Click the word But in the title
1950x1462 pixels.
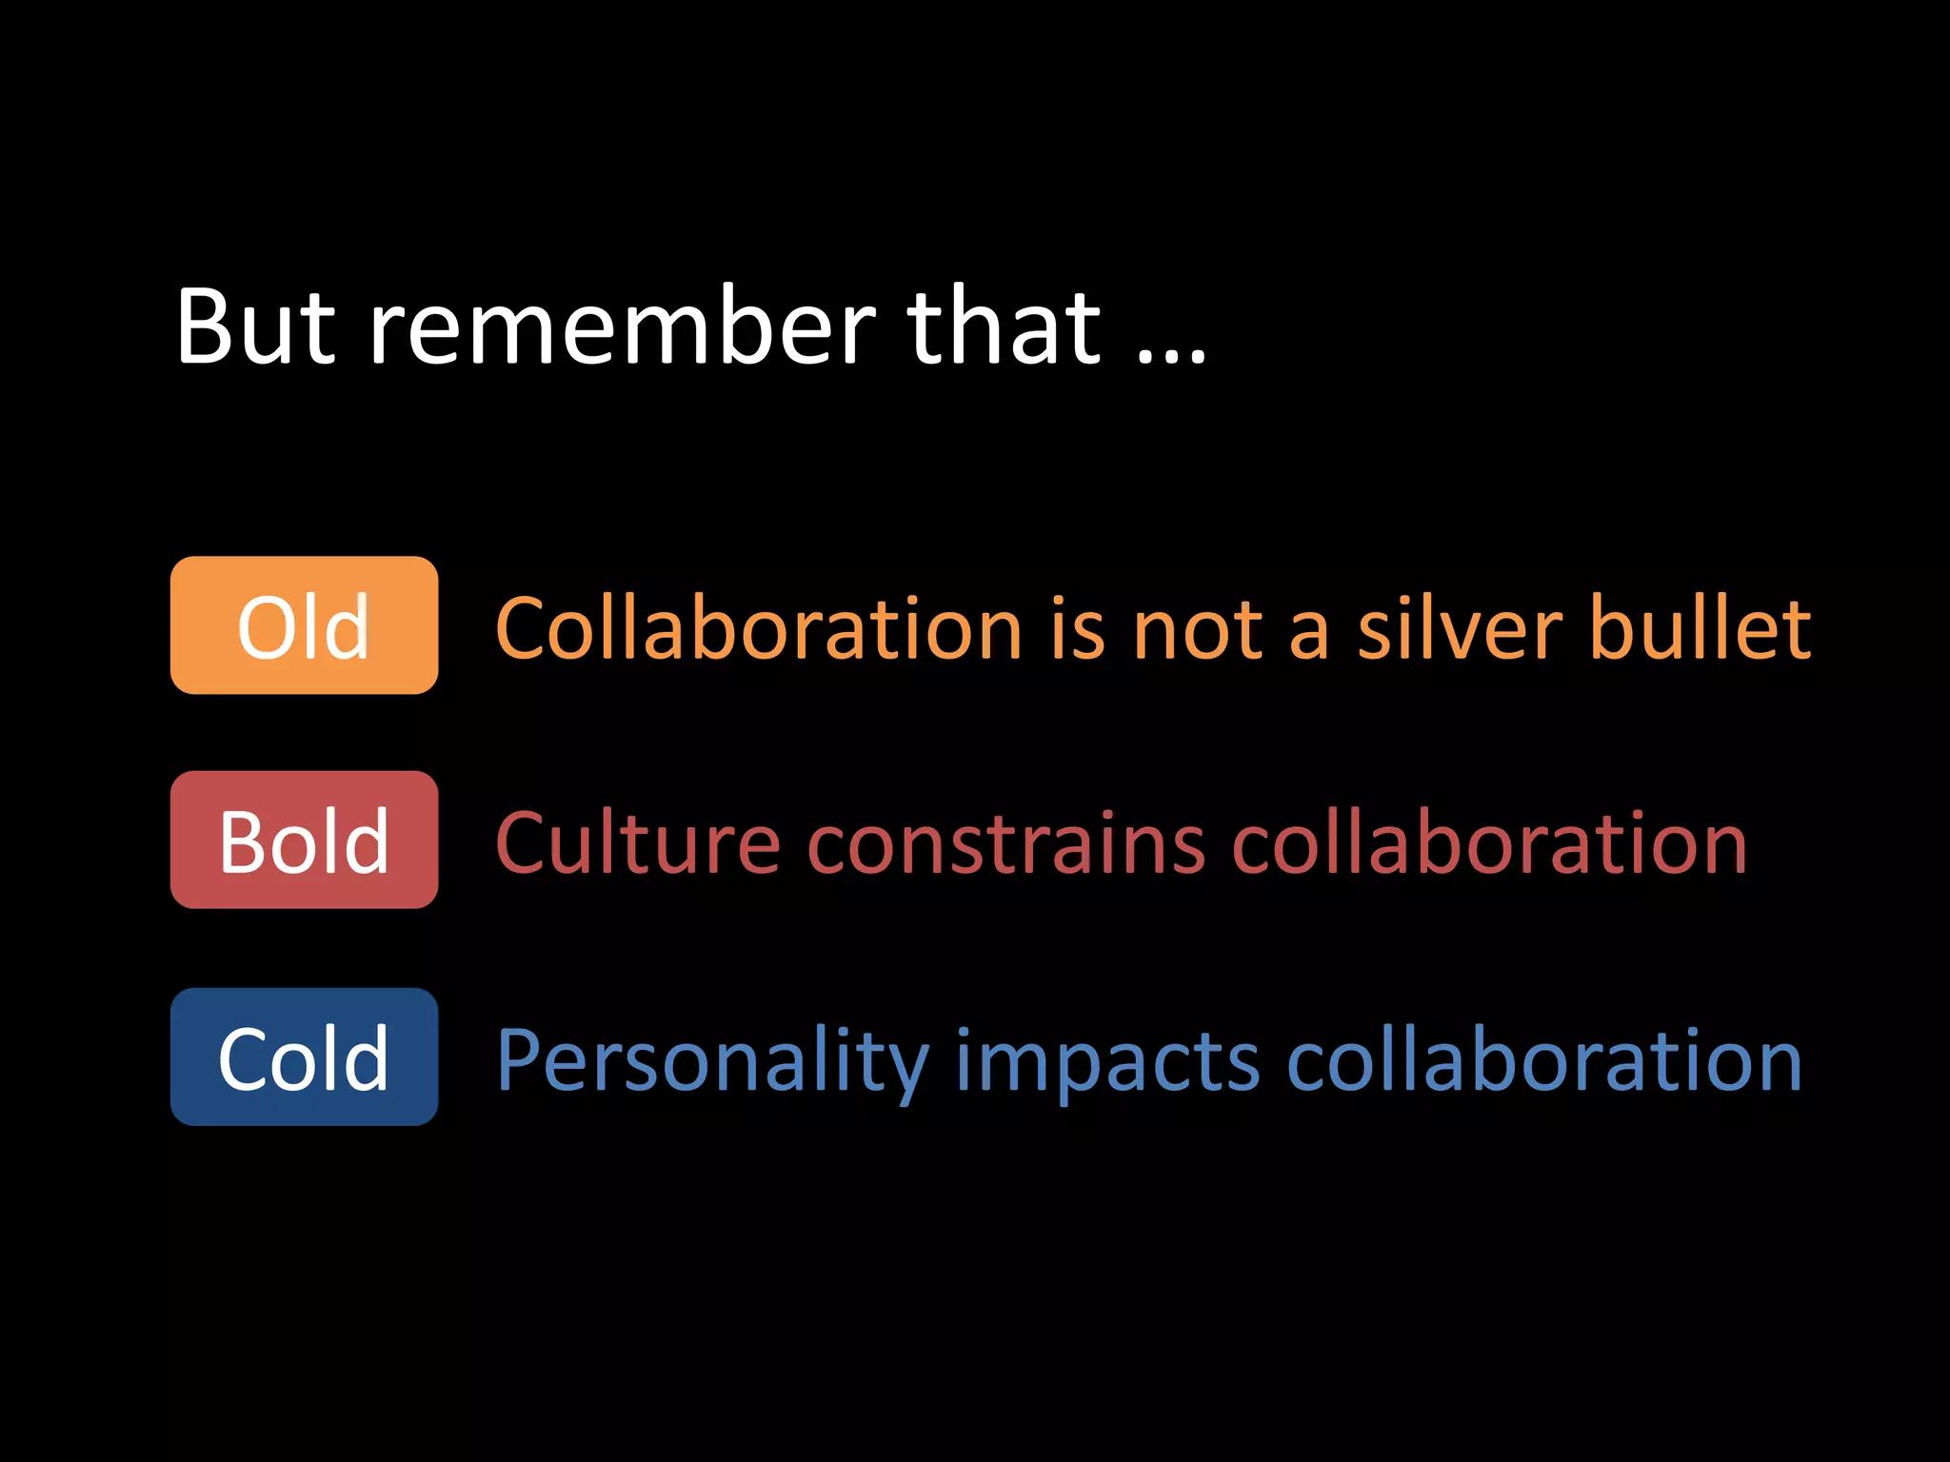255,326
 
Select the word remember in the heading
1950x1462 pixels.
622,326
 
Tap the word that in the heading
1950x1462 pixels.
1005,326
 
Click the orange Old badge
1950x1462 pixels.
304,625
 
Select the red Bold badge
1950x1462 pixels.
304,840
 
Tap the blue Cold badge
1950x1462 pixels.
304,1057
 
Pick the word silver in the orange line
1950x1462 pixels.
1460,628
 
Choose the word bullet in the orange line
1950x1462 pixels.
1701,628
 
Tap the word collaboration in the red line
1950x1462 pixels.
1489,843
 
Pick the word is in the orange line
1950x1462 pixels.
1078,628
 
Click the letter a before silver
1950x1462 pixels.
1308,635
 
